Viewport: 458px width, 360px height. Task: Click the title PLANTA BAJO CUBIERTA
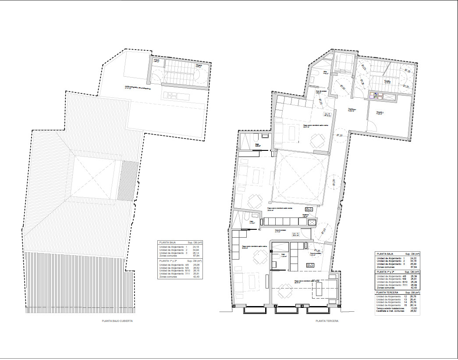coord(117,321)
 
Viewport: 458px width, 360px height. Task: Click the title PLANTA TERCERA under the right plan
coord(327,321)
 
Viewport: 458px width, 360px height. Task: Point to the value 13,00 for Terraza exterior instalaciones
coord(413,308)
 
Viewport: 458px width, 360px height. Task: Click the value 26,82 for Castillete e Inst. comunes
coord(413,311)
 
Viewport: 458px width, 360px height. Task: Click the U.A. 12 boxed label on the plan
coord(309,265)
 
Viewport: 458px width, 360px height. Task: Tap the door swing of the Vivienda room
coord(372,128)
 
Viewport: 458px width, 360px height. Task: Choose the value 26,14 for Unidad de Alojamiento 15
coord(413,305)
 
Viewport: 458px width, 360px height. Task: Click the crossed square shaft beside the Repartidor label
coord(312,223)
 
